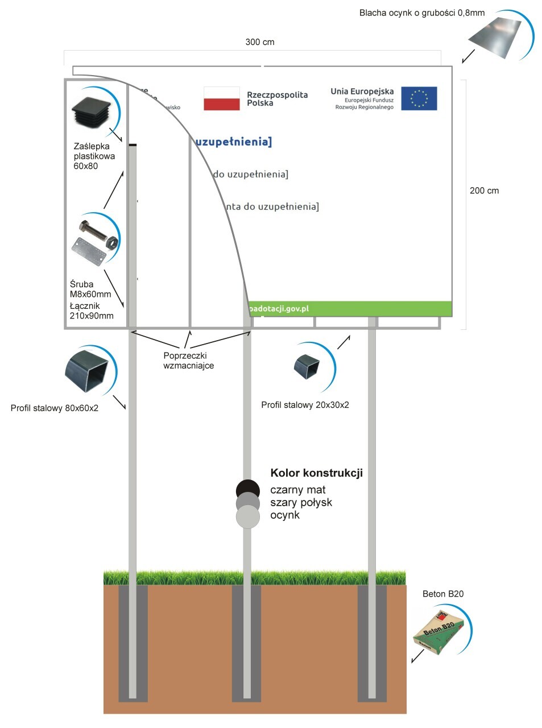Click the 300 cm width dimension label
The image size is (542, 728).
click(260, 42)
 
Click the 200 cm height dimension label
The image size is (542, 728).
click(484, 191)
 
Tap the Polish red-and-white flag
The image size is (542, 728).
click(222, 98)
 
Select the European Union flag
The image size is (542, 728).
click(419, 98)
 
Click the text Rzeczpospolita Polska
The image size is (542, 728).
click(277, 99)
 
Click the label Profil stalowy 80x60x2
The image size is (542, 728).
click(55, 408)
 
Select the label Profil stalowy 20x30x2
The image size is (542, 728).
click(305, 405)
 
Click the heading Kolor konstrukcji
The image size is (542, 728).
click(316, 473)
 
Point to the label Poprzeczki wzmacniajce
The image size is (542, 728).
click(188, 361)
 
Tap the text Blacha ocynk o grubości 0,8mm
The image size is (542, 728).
click(421, 13)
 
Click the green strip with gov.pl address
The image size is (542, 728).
click(350, 309)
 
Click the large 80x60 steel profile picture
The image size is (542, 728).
click(86, 371)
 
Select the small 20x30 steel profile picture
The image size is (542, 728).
click(307, 366)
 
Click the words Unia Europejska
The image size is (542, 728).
click(362, 91)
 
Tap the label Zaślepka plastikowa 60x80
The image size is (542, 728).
click(94, 156)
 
